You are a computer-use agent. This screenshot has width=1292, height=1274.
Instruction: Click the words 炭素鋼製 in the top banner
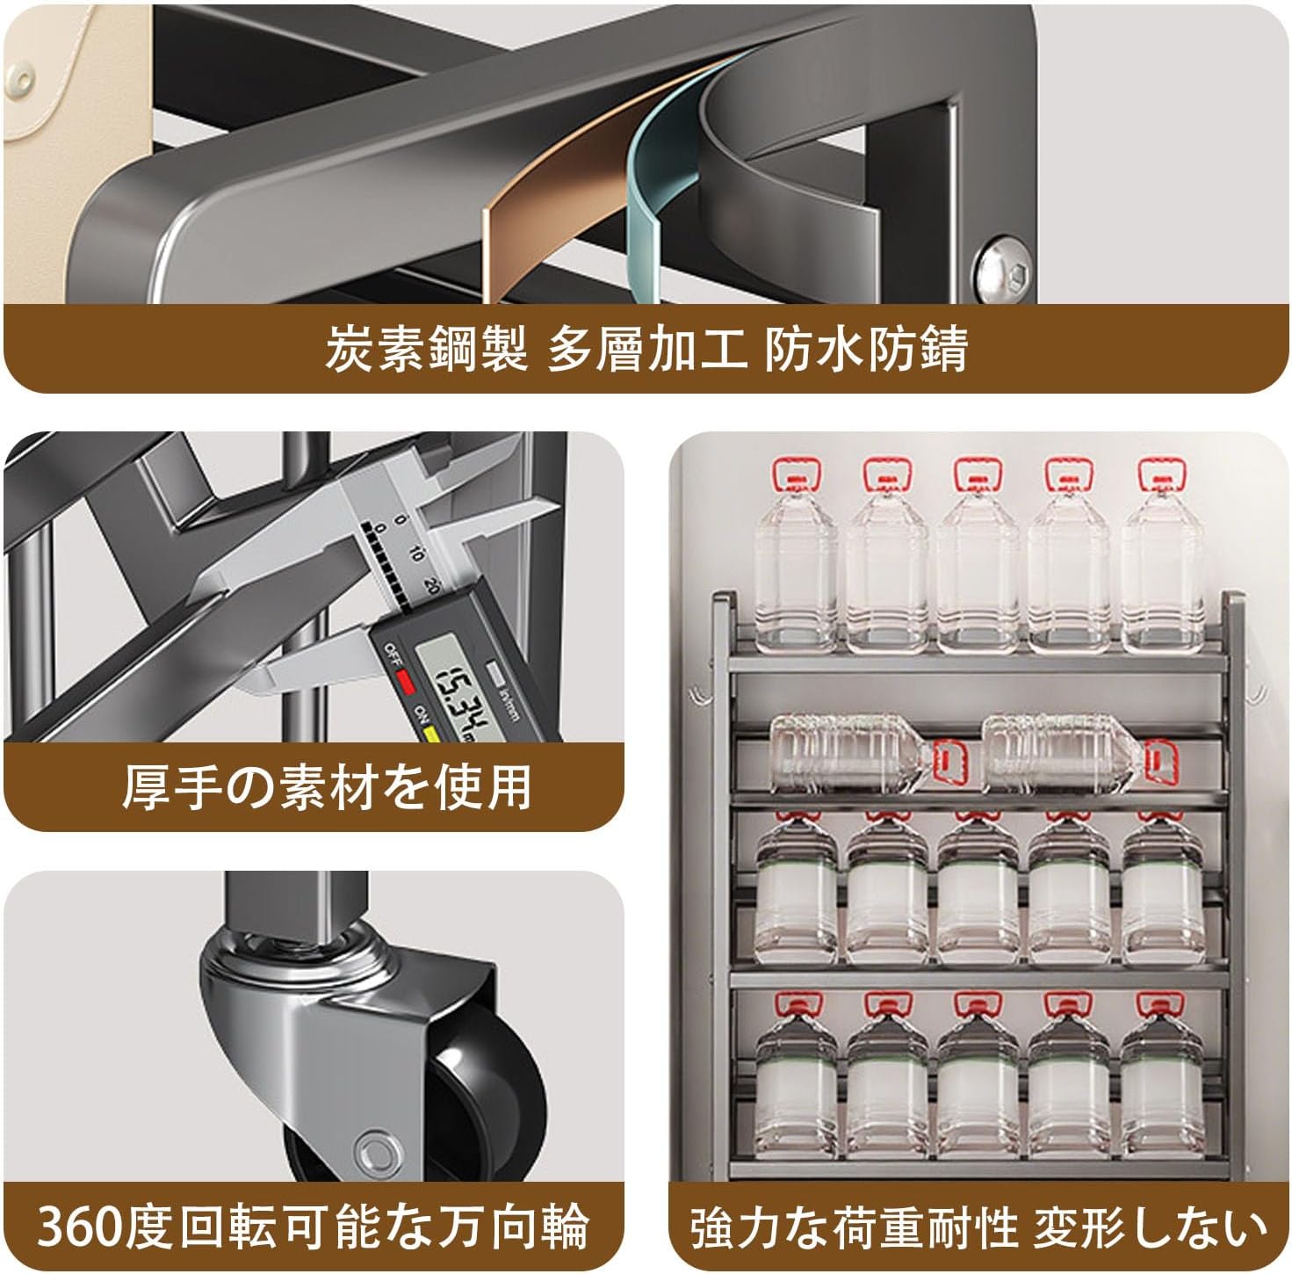click(426, 350)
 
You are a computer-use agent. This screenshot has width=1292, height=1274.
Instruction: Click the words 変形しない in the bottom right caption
click(1151, 1227)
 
